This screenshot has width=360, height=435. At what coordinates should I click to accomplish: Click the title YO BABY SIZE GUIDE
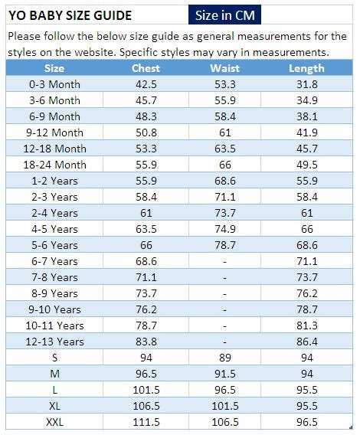point(70,15)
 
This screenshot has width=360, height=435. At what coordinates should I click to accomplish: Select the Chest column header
point(146,68)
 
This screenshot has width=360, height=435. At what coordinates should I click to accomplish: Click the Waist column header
point(224,68)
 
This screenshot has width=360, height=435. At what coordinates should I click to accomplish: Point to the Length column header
point(306,68)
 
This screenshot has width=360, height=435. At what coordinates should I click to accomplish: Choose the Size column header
point(54,68)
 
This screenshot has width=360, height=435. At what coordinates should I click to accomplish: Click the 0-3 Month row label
point(54,84)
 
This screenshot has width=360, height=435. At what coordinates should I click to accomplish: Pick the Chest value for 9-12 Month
point(146,132)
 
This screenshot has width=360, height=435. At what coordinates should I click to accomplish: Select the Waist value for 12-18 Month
point(224,149)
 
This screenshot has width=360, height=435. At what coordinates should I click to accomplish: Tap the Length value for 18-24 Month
point(306,165)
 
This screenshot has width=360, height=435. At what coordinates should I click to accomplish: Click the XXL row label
point(54,422)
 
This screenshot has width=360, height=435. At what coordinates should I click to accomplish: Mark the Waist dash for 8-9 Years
point(224,293)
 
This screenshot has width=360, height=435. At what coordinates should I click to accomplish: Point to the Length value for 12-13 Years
point(306,342)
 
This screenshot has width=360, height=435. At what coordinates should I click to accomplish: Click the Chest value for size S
point(146,358)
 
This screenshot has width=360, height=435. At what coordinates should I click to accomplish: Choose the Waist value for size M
point(224,374)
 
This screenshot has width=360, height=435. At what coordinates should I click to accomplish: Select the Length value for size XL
point(306,406)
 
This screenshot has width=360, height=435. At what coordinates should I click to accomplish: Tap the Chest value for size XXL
point(146,422)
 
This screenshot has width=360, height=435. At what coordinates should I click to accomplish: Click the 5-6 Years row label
point(54,245)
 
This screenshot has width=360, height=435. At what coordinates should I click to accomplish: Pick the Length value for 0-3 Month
point(306,84)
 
